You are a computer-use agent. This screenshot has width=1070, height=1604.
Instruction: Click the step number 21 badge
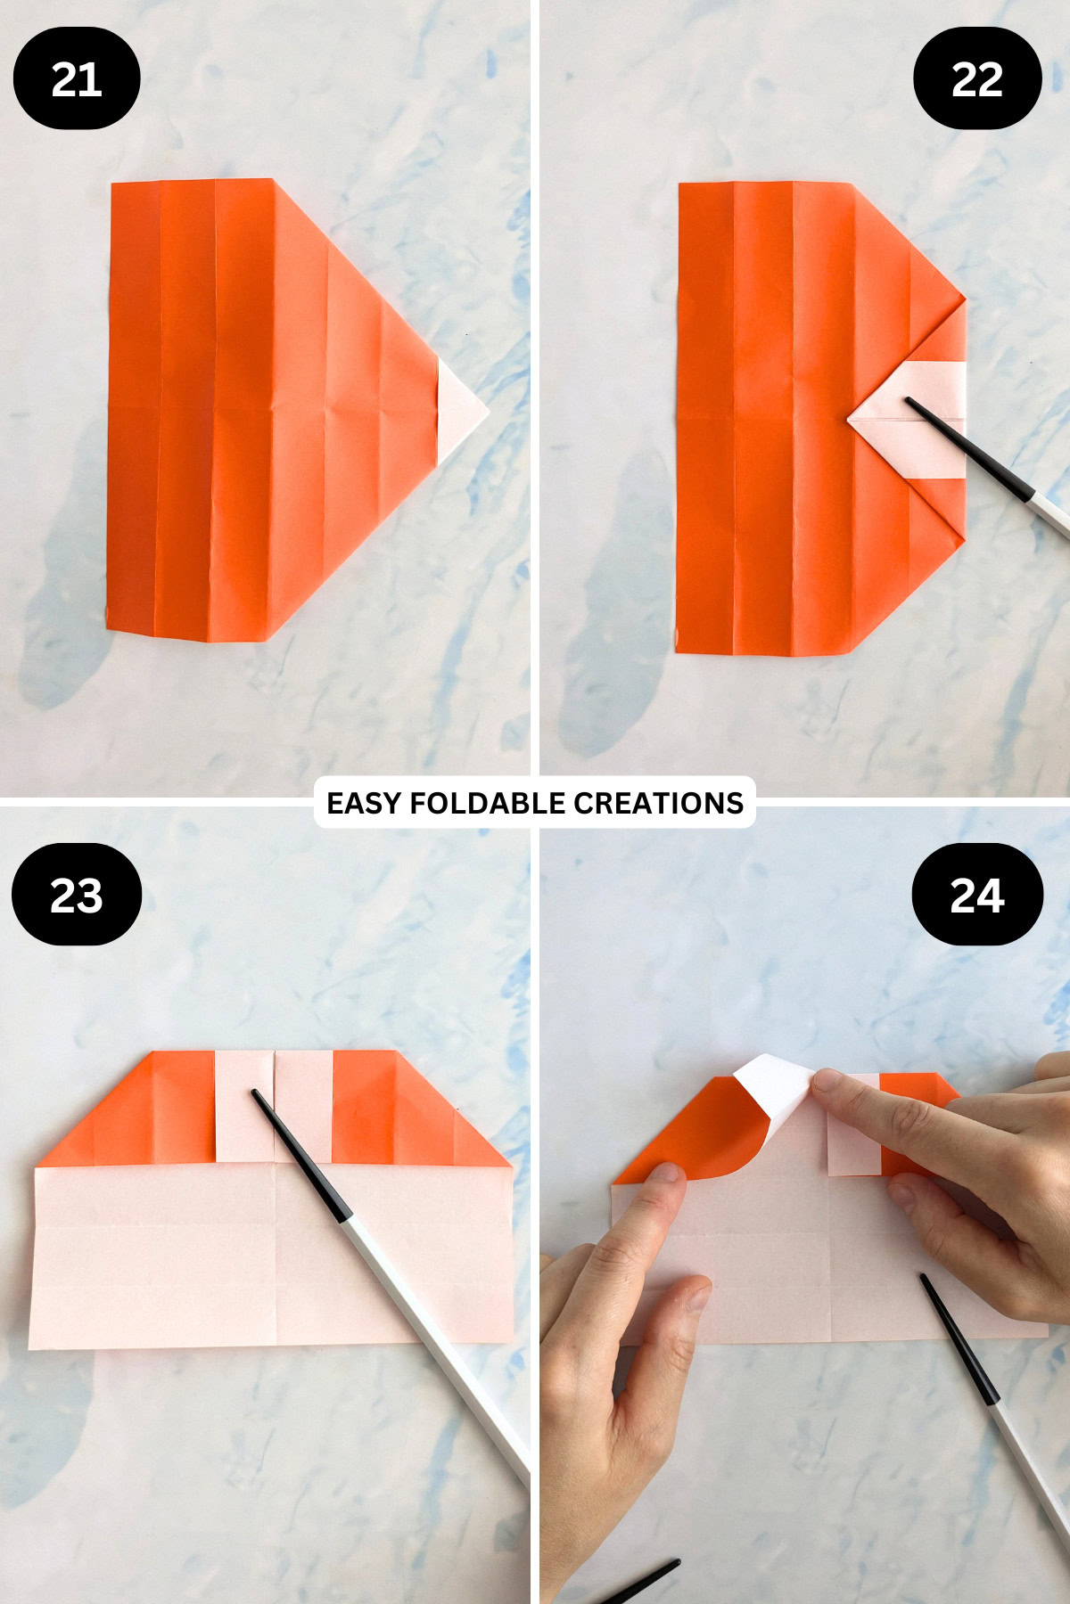pos(77,78)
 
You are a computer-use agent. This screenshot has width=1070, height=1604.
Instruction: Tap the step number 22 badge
pos(977,78)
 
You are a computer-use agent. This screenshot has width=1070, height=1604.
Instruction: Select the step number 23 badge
pos(77,895)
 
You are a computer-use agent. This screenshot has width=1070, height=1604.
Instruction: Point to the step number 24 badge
pos(977,895)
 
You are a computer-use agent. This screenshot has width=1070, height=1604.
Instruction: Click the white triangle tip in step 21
pos(460,411)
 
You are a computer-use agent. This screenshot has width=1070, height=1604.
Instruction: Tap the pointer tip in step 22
pos(909,402)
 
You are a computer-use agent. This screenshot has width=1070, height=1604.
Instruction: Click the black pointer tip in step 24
pos(925,1279)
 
